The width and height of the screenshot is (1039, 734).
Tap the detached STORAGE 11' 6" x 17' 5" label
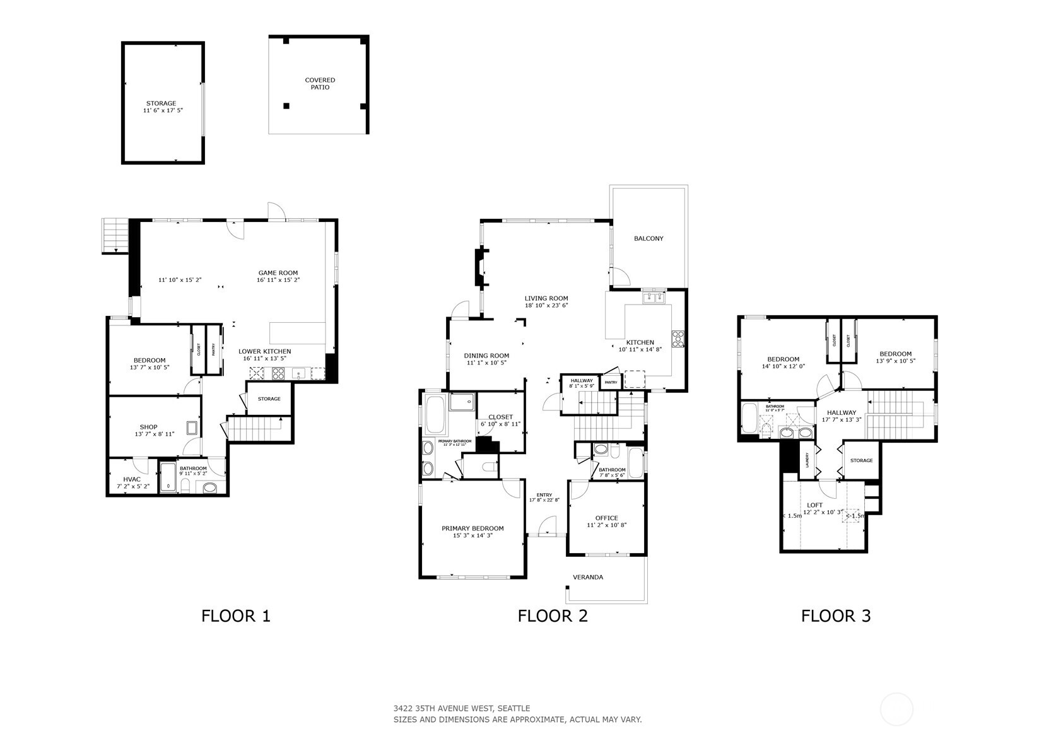[162, 110]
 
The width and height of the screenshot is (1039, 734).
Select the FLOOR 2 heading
[553, 615]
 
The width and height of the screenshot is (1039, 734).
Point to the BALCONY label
[649, 238]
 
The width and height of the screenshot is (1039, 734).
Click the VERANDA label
[588, 577]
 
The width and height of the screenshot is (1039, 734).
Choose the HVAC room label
[132, 479]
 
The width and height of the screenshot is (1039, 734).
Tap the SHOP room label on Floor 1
[149, 427]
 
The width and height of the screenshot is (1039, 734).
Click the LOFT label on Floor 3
[814, 505]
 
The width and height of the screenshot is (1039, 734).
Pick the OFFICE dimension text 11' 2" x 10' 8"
[606, 525]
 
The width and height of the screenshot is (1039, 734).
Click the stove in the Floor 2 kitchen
[678, 339]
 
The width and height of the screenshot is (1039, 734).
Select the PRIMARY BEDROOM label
[473, 528]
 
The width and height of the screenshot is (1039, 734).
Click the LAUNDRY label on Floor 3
[807, 460]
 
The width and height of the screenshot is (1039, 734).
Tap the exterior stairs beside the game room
[114, 235]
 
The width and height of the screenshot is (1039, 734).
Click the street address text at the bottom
[462, 708]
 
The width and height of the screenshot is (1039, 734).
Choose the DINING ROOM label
[486, 356]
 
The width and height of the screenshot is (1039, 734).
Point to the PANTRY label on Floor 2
[611, 382]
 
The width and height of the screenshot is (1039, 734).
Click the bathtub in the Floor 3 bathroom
[748, 417]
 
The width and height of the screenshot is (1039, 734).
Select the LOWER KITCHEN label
[264, 351]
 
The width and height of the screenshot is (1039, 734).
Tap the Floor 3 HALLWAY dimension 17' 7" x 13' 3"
[842, 419]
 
